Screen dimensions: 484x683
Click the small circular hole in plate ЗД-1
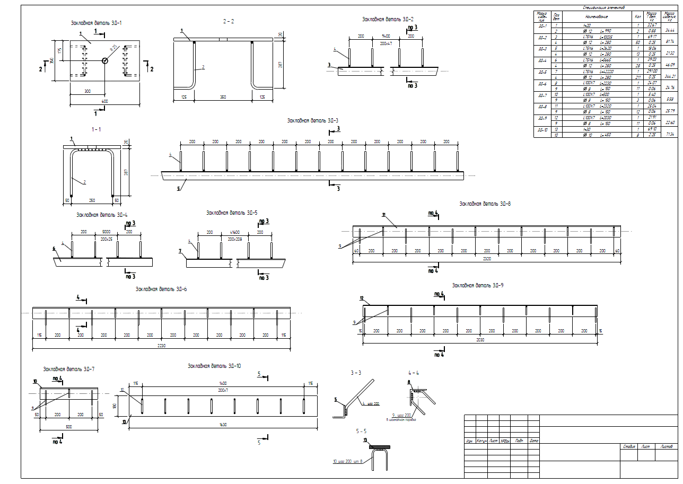[105, 61]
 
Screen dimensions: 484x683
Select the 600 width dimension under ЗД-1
[104, 102]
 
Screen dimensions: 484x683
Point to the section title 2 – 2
[229, 21]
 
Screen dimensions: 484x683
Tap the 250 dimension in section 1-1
[92, 200]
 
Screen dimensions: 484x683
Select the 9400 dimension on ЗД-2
[386, 36]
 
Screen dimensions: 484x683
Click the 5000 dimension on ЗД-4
[106, 232]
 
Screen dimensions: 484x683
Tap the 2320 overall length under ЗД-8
[487, 258]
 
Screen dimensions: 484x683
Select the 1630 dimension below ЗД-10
[223, 424]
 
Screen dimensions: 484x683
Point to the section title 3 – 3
[355, 373]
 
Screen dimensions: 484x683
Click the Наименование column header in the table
[596, 16]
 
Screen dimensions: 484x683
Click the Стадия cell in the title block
[629, 446]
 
